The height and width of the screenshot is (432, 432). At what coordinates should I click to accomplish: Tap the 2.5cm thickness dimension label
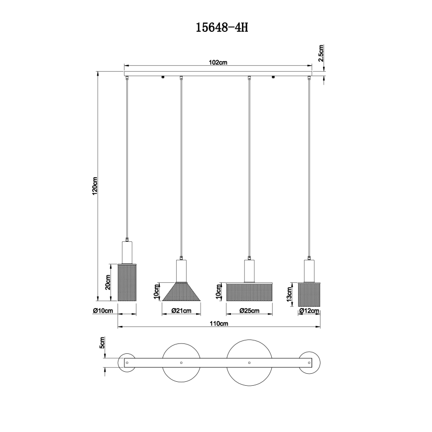[x=322, y=52]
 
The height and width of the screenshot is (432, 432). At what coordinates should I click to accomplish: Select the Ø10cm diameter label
[x=103, y=311]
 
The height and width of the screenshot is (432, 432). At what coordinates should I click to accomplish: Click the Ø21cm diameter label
[x=182, y=311]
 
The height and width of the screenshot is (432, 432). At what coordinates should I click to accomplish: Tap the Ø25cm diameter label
[x=249, y=311]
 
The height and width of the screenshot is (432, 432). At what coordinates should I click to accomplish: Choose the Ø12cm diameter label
[x=309, y=311]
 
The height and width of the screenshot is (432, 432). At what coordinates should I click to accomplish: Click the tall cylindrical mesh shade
[x=126, y=282]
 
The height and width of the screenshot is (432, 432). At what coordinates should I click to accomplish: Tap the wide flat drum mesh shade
[x=250, y=291]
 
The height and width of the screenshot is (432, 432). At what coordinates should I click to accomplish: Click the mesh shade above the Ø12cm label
[x=309, y=294]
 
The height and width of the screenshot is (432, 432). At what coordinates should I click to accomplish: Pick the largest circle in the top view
[x=248, y=363]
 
